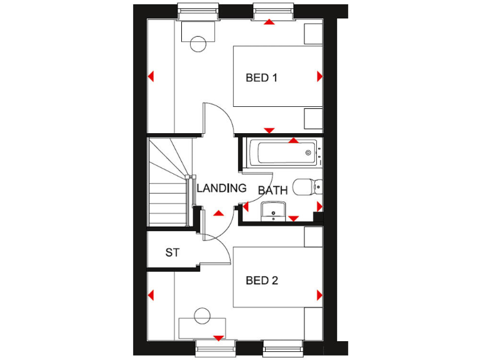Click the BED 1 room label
(261, 78)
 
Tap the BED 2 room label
(261, 281)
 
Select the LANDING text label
(221, 188)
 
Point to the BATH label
(273, 191)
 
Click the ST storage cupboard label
(172, 253)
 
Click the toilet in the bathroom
(307, 186)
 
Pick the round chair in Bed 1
(198, 44)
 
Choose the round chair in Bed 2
(202, 316)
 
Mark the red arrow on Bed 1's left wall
(151, 77)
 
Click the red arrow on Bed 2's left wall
(151, 294)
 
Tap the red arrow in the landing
(218, 214)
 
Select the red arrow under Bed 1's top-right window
(269, 22)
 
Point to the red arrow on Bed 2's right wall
(319, 294)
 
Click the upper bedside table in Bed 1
(313, 34)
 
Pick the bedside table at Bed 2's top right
(313, 236)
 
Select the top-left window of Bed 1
(197, 11)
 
